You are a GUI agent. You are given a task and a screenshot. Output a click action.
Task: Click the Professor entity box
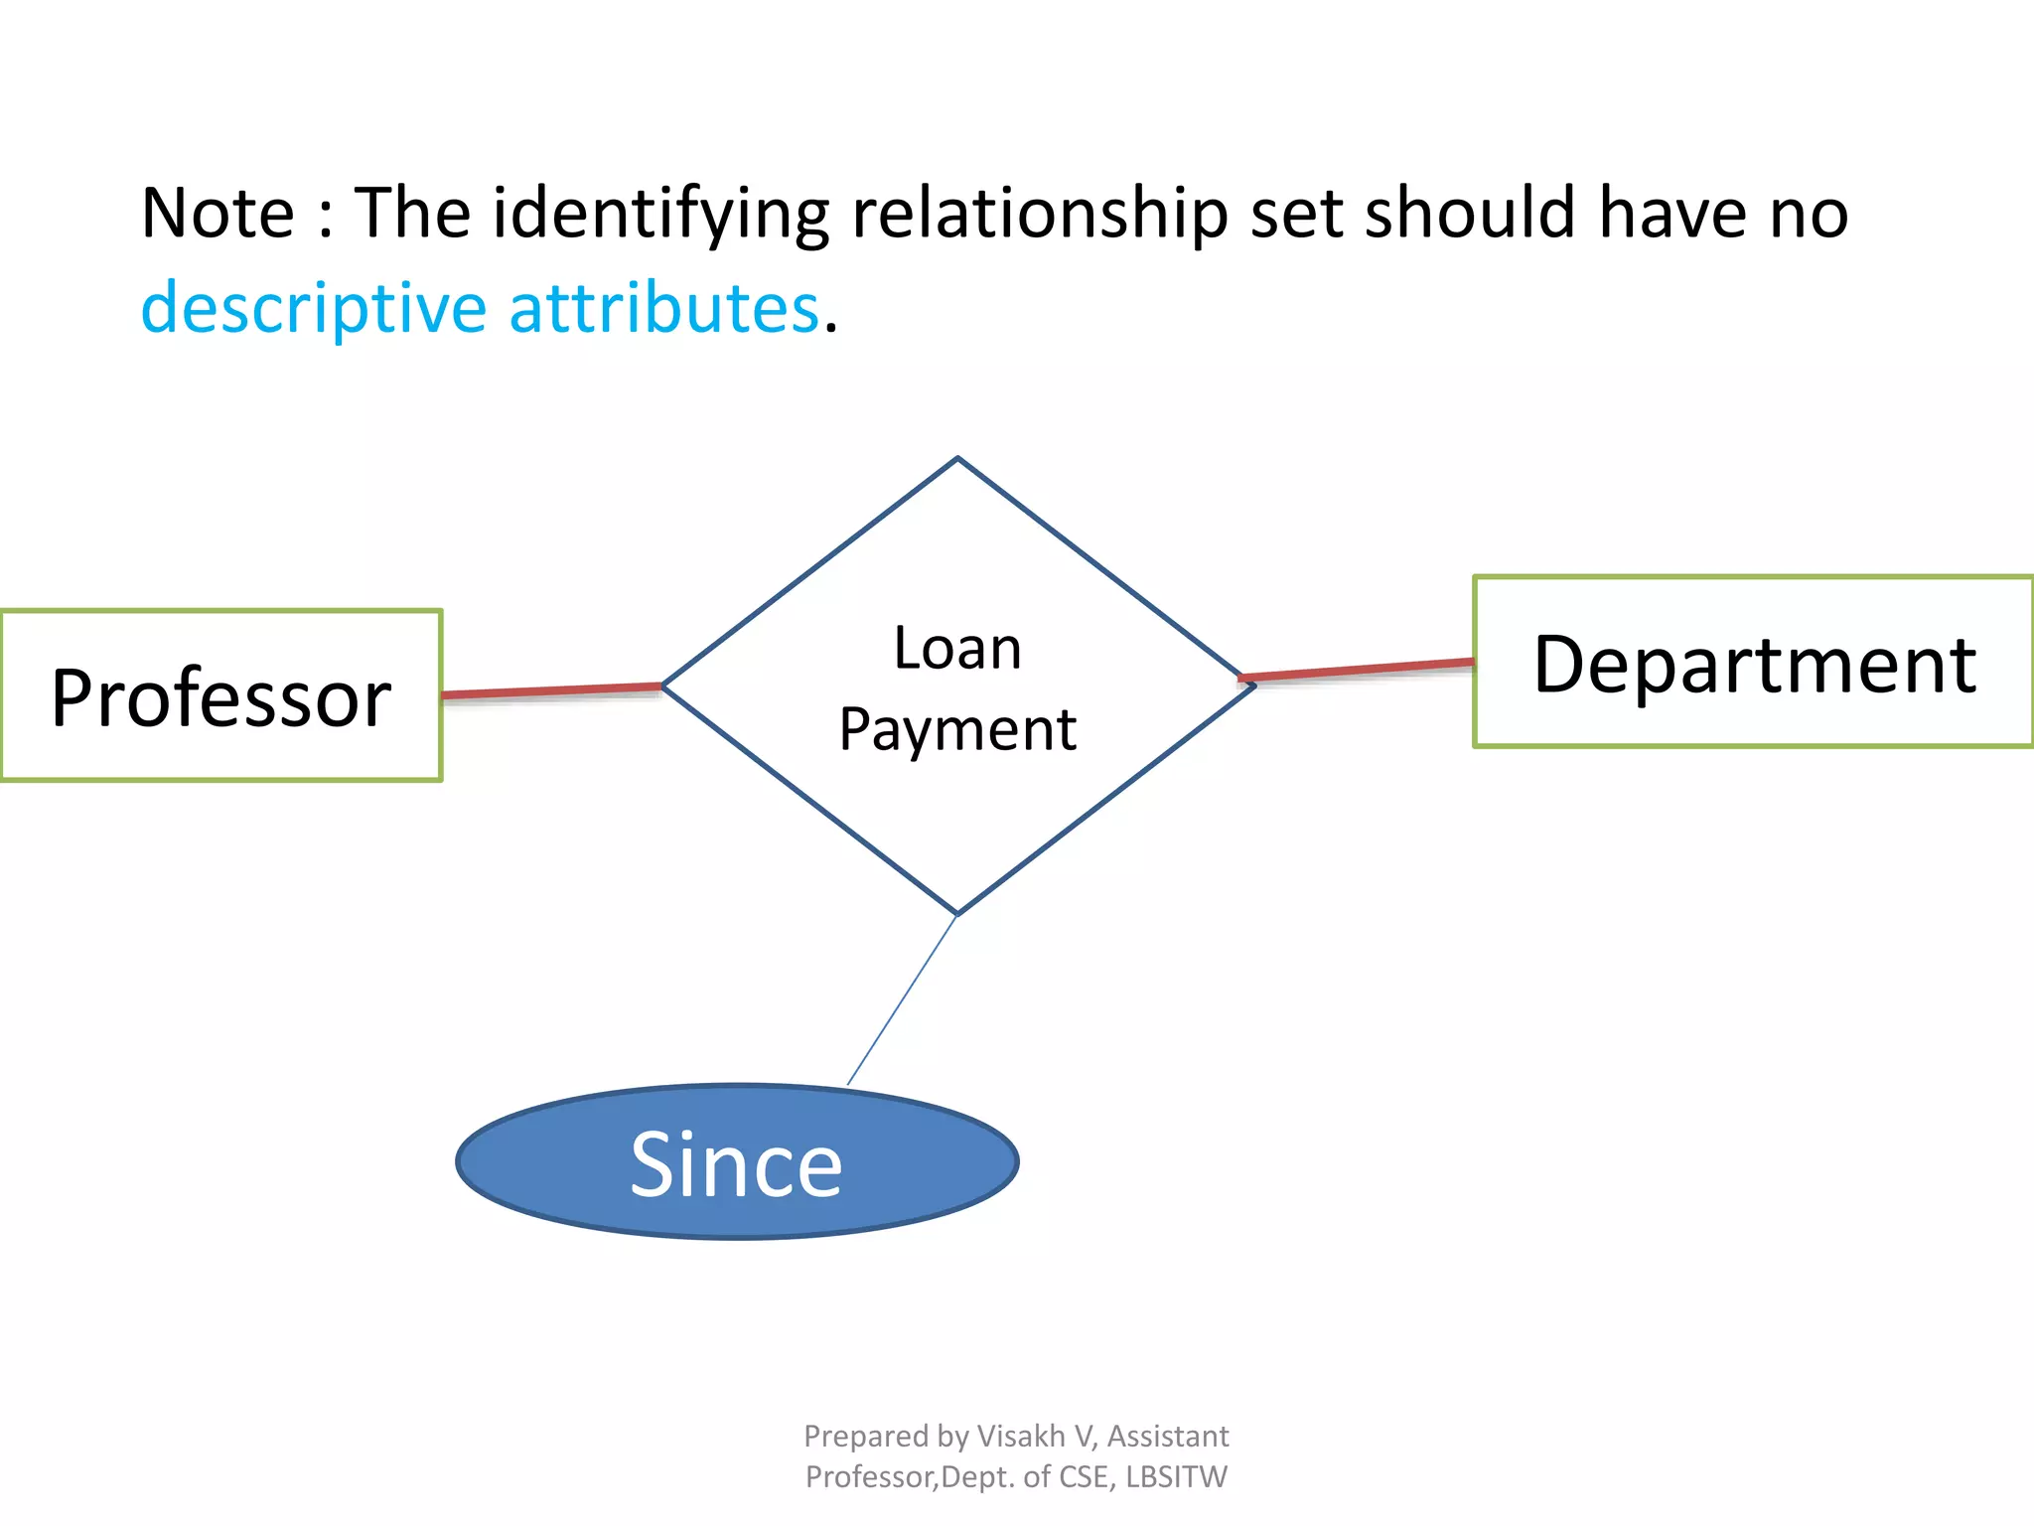220,696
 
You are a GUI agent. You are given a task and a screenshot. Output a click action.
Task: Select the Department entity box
1753,663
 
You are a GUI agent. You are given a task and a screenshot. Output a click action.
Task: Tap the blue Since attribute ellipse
736,1163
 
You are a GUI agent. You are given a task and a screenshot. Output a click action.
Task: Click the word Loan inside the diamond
957,649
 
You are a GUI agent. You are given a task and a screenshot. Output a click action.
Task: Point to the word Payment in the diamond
957,730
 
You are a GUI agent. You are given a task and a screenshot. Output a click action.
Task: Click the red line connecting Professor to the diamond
551,690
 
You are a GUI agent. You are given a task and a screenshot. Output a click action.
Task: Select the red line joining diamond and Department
1358,670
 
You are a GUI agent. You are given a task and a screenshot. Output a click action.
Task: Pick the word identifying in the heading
660,215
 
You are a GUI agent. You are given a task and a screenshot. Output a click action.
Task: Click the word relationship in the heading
1040,215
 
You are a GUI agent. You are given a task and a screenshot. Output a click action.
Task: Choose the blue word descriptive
314,308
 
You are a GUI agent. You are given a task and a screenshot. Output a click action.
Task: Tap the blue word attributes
663,308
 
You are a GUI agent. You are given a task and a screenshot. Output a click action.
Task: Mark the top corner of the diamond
957,460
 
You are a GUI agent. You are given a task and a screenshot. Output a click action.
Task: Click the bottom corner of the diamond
957,912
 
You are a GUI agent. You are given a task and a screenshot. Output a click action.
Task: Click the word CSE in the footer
1086,1477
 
